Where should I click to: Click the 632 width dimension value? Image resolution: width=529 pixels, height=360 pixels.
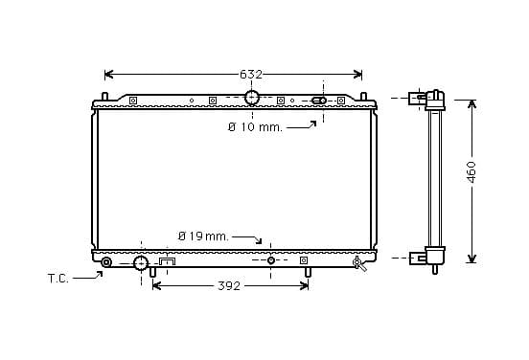click(x=251, y=74)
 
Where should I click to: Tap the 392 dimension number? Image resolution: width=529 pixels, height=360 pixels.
click(x=229, y=286)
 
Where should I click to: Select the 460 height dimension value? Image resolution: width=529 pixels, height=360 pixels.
click(x=471, y=172)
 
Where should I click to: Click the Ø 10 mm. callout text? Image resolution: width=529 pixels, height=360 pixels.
click(x=255, y=127)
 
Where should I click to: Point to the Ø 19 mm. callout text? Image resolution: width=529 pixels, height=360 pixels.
click(x=203, y=236)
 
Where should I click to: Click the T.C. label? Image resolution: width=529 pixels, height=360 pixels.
click(x=58, y=279)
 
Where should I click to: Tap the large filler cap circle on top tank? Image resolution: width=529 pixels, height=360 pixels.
click(x=252, y=98)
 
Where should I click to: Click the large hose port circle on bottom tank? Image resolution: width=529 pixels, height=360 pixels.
click(x=141, y=263)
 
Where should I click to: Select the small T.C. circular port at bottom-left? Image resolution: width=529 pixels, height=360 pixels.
click(x=106, y=262)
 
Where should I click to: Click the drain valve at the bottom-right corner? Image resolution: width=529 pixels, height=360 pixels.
click(x=359, y=263)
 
